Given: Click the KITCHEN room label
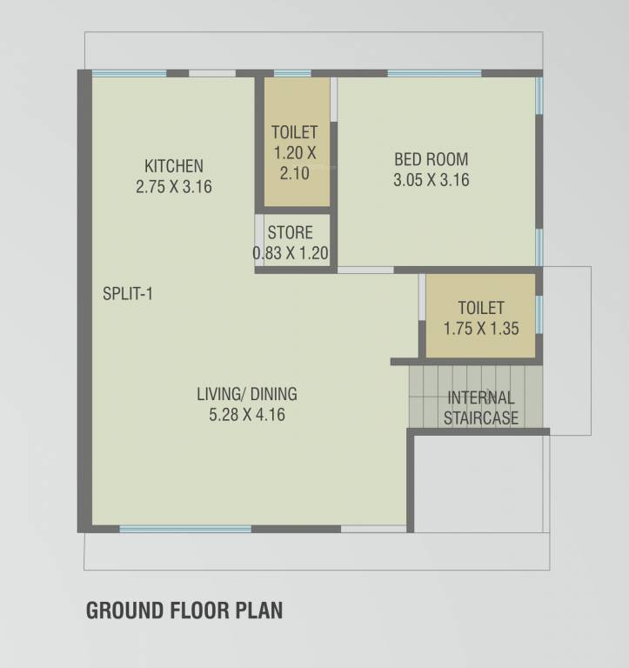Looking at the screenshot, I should point(174,165).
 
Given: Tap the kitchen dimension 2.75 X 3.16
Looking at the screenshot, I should point(174,186).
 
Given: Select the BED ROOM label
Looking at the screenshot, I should point(431,159).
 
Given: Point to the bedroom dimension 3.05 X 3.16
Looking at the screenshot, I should point(431,181).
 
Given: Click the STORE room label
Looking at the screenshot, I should point(290,233).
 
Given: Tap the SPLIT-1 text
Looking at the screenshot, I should point(128,294).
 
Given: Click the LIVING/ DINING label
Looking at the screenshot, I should point(247,394).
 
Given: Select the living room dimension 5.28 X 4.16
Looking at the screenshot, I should point(247,416).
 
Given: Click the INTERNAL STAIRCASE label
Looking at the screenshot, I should point(480,408).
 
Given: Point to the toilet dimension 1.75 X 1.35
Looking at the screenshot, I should point(480,330).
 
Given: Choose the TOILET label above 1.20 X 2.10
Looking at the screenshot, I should point(294,132).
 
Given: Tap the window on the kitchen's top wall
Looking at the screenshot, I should point(129,73).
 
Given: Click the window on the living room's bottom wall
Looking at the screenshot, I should point(184,529).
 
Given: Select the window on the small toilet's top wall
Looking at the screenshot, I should point(292,73).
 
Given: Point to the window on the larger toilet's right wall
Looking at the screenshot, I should point(539,314).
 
